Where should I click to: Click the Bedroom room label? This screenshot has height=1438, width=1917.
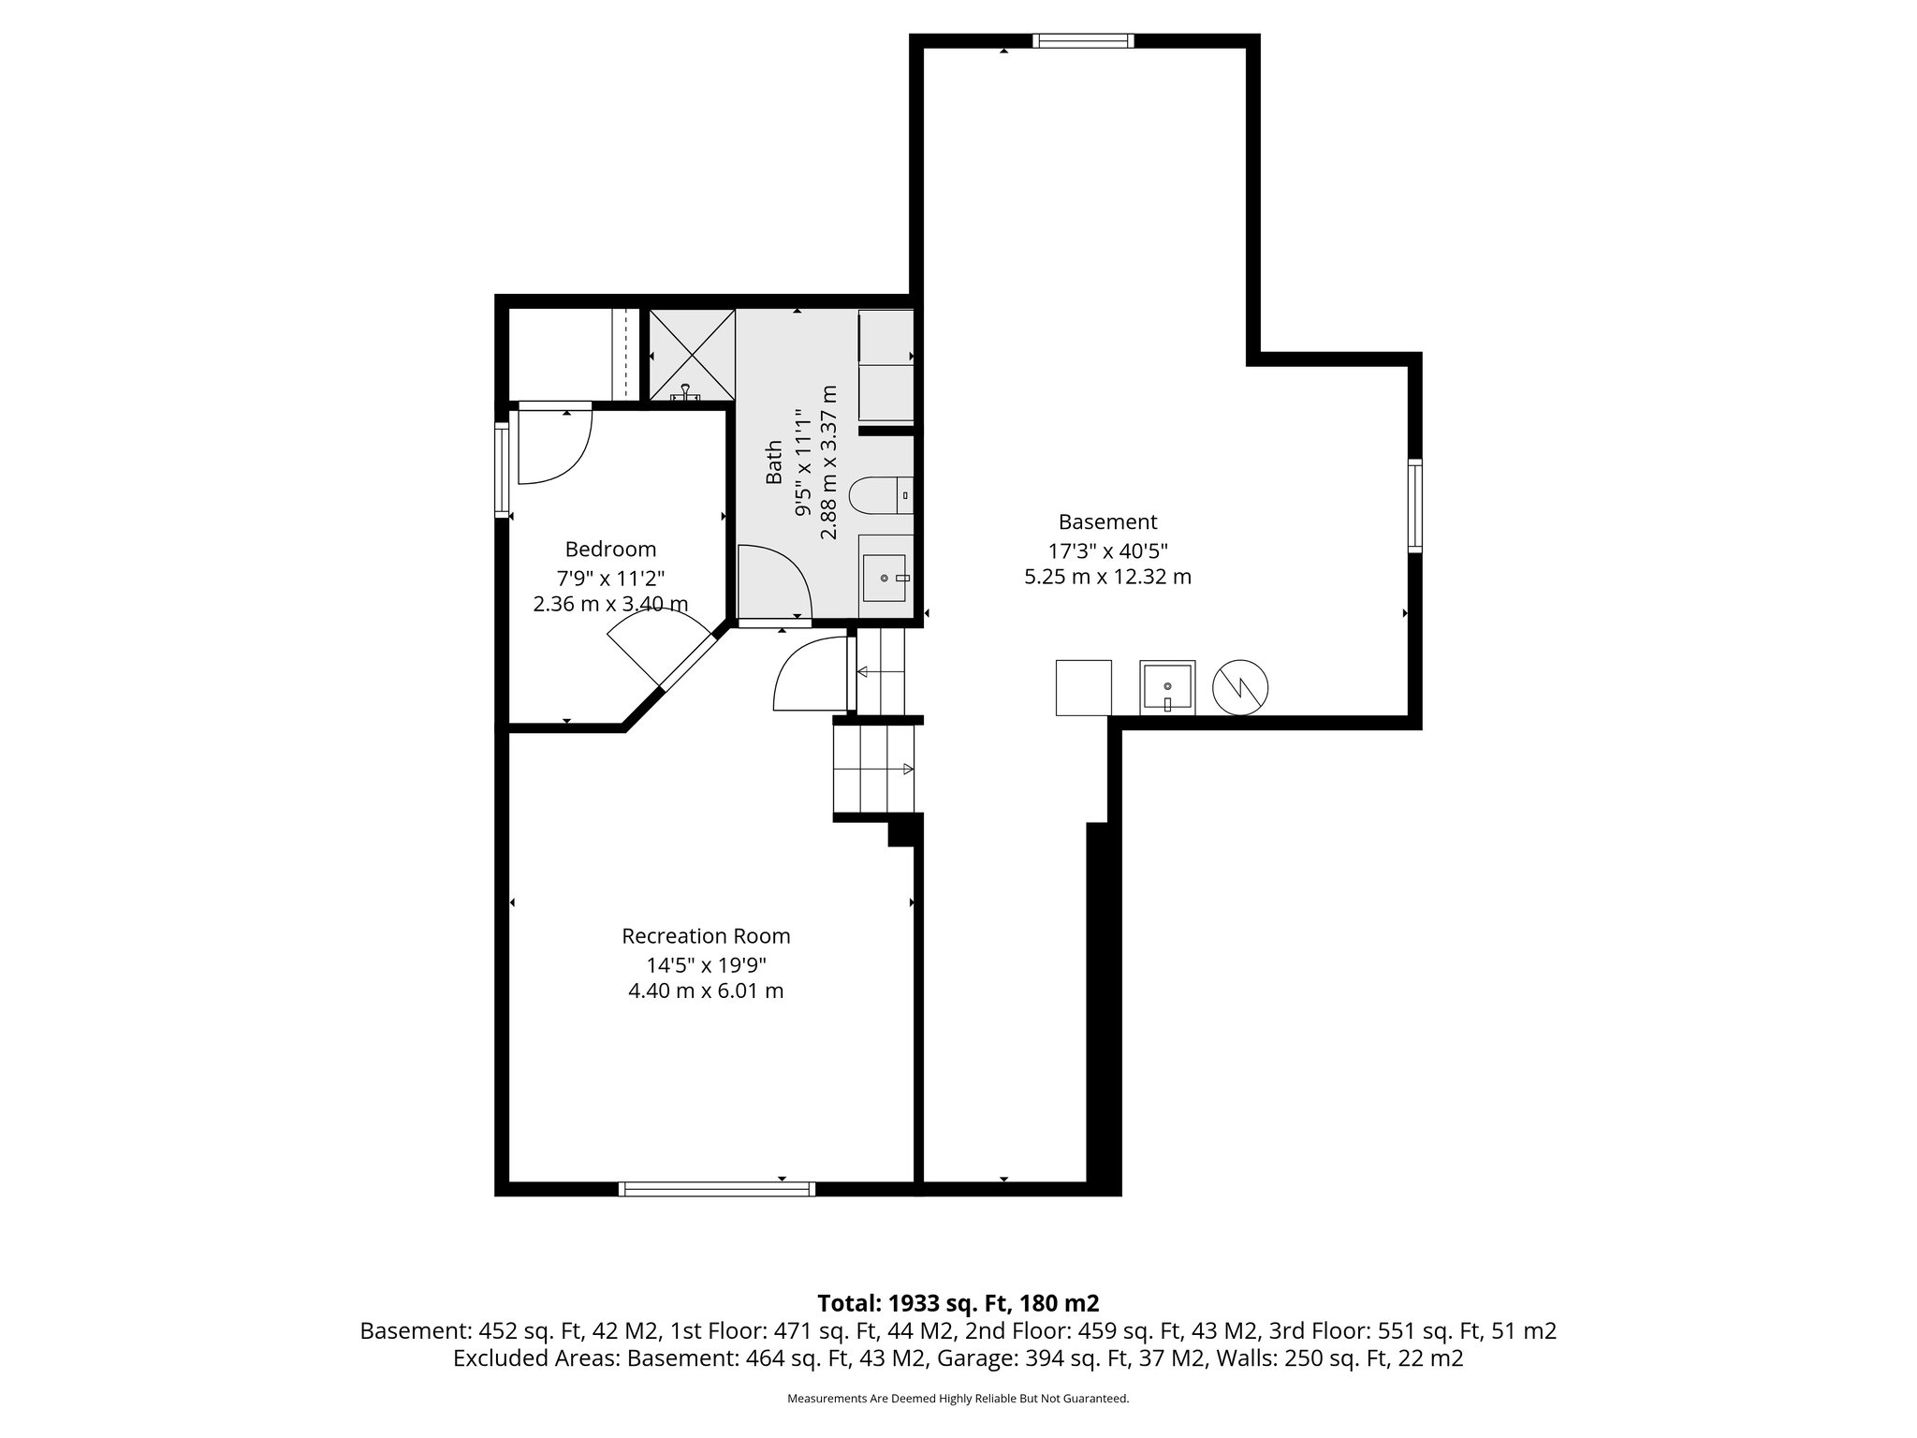(x=610, y=550)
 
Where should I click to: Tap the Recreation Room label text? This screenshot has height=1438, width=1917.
(x=706, y=936)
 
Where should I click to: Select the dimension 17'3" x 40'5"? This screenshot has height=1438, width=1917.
(x=1107, y=550)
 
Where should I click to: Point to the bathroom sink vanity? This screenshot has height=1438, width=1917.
(x=885, y=579)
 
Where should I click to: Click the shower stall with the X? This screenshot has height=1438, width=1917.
(x=692, y=353)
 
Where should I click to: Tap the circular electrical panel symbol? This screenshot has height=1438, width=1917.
(x=1240, y=688)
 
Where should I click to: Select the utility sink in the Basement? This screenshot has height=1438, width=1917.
(x=1167, y=688)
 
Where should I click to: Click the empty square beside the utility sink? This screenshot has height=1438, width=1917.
(x=1083, y=688)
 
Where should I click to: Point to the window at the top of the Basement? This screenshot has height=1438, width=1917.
(x=1083, y=41)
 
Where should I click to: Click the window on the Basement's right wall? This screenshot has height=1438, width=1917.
(x=1414, y=506)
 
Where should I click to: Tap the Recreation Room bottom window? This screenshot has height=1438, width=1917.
(x=717, y=1189)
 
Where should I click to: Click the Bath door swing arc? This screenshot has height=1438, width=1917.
(x=775, y=582)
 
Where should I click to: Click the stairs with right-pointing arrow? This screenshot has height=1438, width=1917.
(x=874, y=769)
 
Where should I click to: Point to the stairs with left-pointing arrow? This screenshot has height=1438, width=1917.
(x=881, y=671)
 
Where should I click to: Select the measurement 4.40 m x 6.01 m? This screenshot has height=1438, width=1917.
(x=706, y=990)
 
